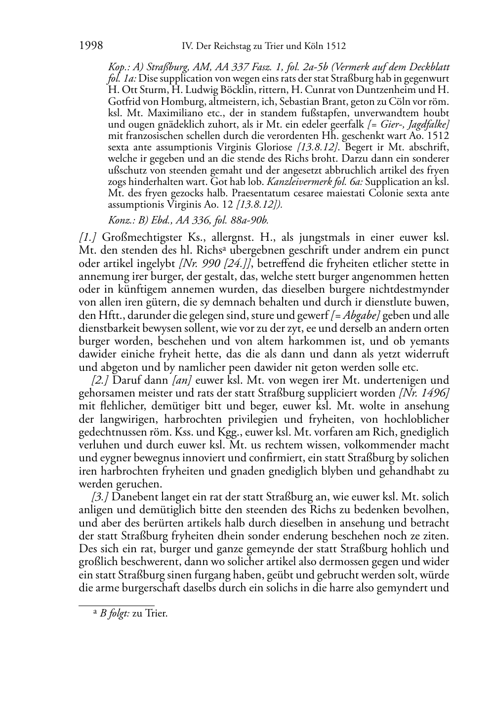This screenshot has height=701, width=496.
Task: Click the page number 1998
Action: (90, 46)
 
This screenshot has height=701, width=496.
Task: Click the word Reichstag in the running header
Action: (233, 46)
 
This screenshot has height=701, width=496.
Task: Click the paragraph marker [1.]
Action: (88, 238)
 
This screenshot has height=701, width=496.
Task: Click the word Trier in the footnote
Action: (157, 614)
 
